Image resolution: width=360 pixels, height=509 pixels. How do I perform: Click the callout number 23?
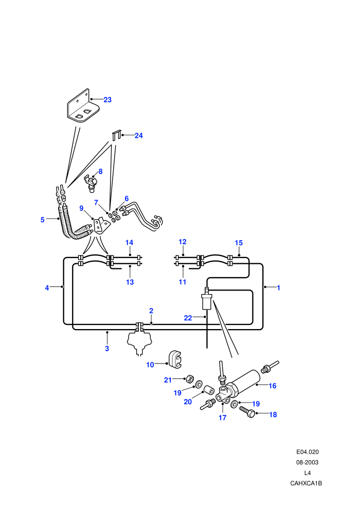107,100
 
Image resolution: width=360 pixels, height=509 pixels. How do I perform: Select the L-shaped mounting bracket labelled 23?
83,106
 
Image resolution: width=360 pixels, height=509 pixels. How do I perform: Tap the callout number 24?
139,135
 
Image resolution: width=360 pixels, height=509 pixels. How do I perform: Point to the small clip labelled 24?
117,135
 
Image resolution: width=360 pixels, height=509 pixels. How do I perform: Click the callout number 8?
100,171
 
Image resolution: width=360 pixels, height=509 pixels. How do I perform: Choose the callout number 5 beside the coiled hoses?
43,220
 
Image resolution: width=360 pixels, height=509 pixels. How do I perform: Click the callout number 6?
127,198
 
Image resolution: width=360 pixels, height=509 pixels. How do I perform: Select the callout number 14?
129,243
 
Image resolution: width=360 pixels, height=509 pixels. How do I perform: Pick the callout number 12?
183,242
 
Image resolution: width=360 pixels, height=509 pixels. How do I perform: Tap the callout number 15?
239,243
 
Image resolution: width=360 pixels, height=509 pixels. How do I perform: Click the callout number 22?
188,318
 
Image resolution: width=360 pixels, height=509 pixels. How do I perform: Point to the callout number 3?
107,349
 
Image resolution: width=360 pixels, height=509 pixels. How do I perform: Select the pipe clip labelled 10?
175,360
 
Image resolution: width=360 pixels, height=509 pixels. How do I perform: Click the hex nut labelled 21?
190,379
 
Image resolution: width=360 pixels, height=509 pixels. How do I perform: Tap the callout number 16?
273,386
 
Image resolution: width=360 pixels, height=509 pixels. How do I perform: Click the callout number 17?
222,418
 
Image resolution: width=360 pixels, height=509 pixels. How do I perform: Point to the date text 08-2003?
307,462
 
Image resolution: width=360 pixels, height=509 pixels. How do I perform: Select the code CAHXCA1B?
306,483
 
